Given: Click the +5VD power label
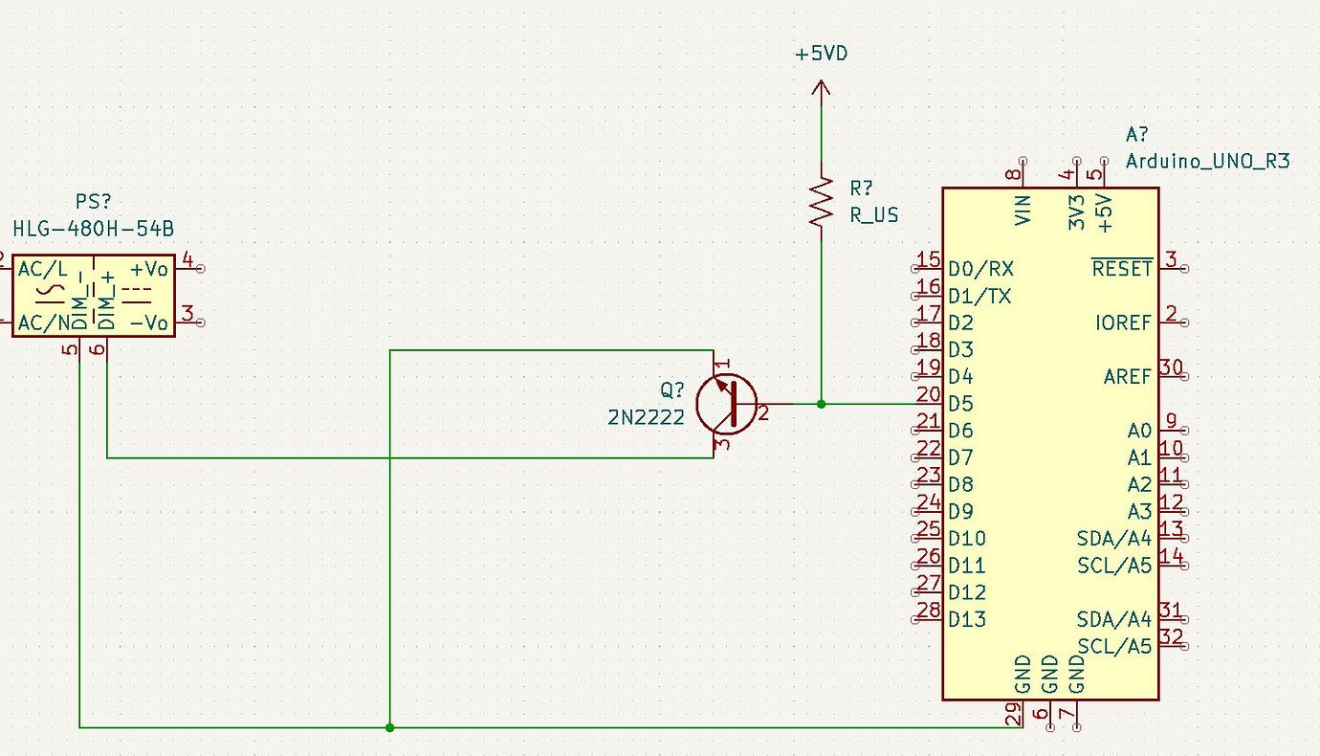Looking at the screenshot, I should click(x=821, y=54).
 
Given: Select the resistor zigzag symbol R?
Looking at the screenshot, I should click(x=821, y=201).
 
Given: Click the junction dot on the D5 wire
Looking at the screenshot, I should click(x=821, y=404).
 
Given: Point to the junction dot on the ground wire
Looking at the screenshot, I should click(x=389, y=727).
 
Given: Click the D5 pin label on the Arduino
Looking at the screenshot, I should click(x=960, y=403).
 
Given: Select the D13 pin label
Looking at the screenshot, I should click(x=966, y=619).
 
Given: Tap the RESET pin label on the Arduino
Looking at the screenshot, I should click(x=1122, y=269).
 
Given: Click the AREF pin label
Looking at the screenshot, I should click(x=1128, y=377).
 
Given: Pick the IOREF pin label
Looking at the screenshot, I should click(x=1124, y=322).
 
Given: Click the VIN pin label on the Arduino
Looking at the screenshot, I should click(x=1023, y=210).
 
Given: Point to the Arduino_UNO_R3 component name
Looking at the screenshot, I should click(x=1207, y=161).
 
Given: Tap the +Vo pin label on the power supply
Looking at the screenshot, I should click(x=149, y=269).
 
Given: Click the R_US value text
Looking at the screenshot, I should click(x=874, y=214).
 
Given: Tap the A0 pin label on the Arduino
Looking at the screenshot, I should click(x=1139, y=431).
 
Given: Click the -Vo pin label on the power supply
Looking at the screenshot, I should click(x=149, y=322).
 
